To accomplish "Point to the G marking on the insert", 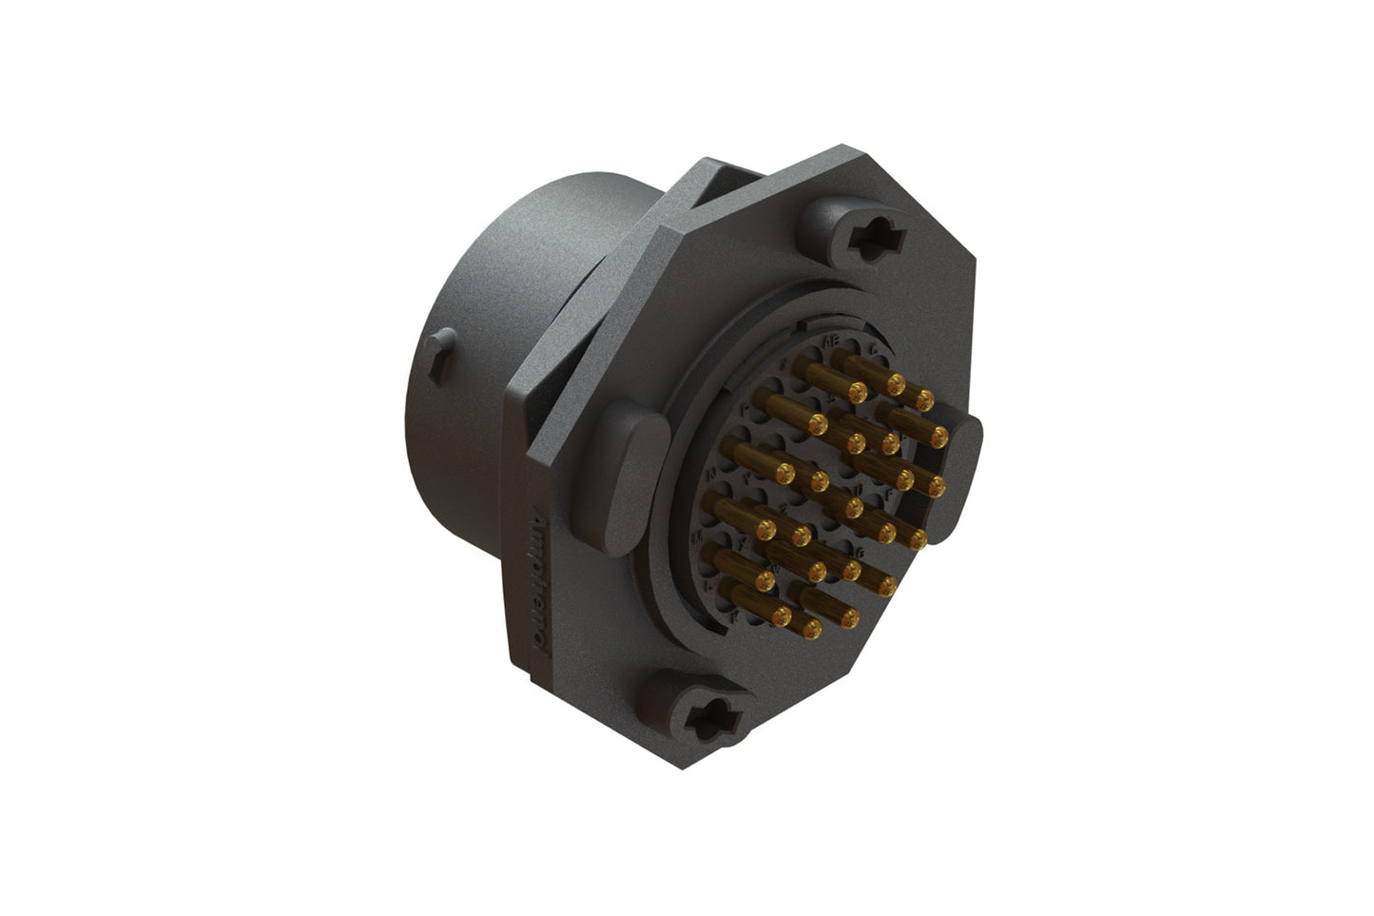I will pos(860,552).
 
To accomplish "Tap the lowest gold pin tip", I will pos(812,629).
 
